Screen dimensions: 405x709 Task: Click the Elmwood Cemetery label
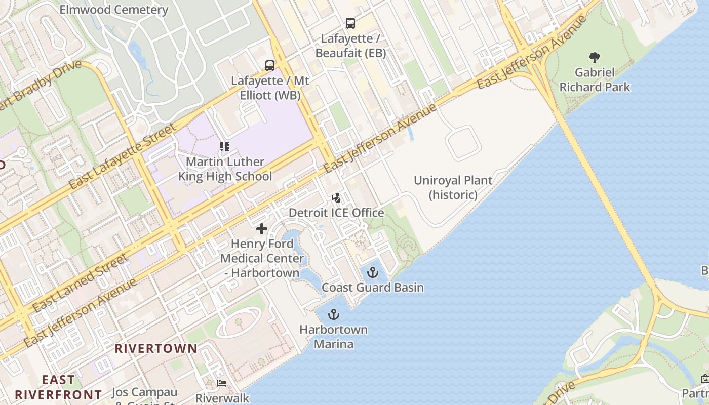[113, 10]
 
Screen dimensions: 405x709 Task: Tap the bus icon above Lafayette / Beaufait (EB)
[350, 23]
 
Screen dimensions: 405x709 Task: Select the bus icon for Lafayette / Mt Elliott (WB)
[270, 65]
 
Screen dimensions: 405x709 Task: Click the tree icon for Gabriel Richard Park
[595, 58]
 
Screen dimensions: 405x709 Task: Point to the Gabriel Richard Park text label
[595, 80]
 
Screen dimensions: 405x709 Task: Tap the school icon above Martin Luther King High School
[225, 147]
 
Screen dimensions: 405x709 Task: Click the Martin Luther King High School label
[225, 169]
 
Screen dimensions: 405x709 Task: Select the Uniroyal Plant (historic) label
[453, 187]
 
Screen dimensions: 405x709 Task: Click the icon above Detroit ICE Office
[336, 197]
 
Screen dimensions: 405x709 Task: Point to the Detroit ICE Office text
[336, 213]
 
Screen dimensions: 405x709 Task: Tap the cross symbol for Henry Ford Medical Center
[261, 229]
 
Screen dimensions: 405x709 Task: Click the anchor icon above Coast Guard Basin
[373, 272]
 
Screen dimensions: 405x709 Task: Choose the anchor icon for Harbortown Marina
[333, 315]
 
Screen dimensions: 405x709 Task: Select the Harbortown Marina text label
[333, 337]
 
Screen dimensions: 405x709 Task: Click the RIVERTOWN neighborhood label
[156, 348]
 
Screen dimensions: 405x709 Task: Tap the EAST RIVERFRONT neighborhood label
[58, 387]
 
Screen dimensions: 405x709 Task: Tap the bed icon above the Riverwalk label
[222, 383]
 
